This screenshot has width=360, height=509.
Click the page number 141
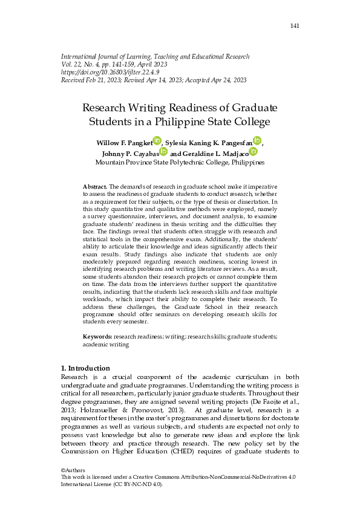click(x=295, y=26)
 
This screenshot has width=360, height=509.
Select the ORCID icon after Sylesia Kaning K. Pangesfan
click(x=257, y=141)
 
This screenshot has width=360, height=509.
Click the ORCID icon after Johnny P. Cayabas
click(x=163, y=152)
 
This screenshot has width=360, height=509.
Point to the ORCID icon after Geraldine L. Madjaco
click(x=253, y=152)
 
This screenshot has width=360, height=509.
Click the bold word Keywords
click(x=97, y=336)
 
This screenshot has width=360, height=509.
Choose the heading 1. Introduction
click(x=86, y=368)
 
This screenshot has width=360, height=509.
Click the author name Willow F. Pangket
click(x=123, y=142)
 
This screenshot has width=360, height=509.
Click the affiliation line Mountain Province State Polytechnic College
click(x=180, y=163)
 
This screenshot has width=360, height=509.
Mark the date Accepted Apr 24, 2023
click(x=212, y=80)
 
